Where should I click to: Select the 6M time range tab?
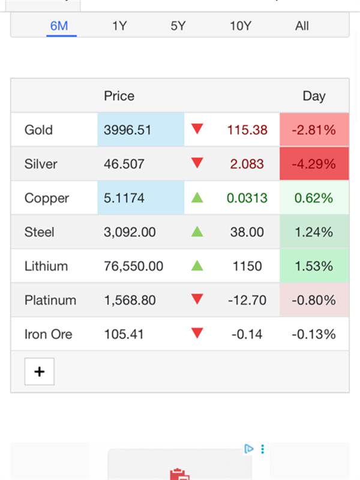click(59, 26)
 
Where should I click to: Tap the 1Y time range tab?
click(119, 26)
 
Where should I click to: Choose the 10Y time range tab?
click(240, 26)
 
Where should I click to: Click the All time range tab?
click(302, 26)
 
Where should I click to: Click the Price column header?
click(119, 96)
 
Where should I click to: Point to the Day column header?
click(314, 96)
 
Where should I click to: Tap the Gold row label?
click(38, 130)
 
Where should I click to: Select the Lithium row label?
click(46, 266)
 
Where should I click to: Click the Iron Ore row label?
click(48, 334)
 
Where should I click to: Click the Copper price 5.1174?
click(124, 198)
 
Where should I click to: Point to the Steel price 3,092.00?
click(130, 232)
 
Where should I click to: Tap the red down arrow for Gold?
click(197, 129)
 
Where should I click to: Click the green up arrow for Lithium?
click(197, 265)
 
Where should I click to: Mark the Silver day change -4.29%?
click(314, 164)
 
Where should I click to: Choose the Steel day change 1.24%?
click(314, 232)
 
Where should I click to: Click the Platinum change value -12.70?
click(247, 300)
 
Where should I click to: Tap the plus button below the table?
click(40, 372)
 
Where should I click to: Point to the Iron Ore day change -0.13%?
click(314, 334)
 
